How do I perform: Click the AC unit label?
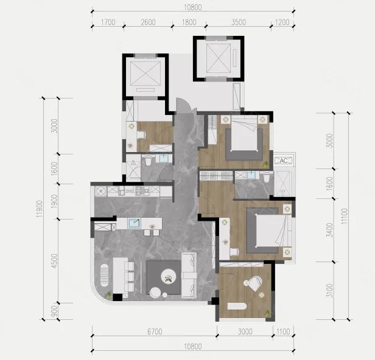pos(284,161)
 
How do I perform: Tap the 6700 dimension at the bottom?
pos(155,331)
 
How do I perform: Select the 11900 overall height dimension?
pos(40,209)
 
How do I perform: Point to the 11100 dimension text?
pos(344,216)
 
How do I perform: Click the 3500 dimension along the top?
pos(239,22)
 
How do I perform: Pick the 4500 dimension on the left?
pos(55,261)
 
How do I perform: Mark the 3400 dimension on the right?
pos(330,230)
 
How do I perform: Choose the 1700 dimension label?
pos(108,22)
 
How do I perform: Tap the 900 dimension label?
pos(55,311)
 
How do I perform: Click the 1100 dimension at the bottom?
pos(283,331)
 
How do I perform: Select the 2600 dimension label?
pos(149,22)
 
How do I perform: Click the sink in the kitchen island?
pos(134,223)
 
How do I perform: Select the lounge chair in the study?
pos(254,283)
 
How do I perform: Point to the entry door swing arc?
pos(184,105)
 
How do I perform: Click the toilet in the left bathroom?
pos(149,161)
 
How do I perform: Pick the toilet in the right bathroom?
pos(267,177)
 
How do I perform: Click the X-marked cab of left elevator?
pos(145,73)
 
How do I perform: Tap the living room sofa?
pos(189,275)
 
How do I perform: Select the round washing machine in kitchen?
pos(101,191)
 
